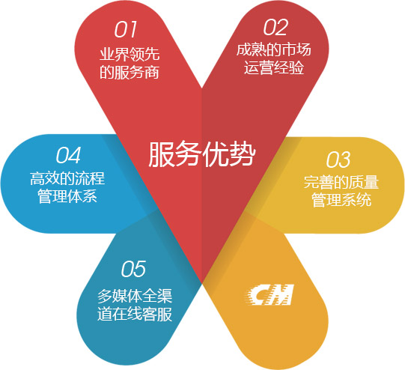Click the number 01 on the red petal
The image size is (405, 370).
[x=126, y=29]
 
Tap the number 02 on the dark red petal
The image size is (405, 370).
[x=275, y=27]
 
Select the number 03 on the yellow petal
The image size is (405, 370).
[x=338, y=160]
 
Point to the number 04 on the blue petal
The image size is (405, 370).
[x=68, y=155]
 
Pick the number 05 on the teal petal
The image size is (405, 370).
[x=133, y=269]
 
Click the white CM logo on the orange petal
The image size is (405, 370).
[x=270, y=294]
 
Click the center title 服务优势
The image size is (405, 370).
[x=202, y=154]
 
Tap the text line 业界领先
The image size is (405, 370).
[x=130, y=54]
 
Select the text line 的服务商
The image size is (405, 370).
[x=130, y=72]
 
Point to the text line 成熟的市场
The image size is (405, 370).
[x=273, y=49]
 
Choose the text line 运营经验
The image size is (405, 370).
[x=274, y=67]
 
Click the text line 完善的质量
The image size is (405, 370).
[x=341, y=182]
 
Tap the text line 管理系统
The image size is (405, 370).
[x=341, y=200]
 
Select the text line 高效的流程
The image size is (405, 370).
[x=67, y=178]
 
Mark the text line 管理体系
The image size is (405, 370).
[x=67, y=195]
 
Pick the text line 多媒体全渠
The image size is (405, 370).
[x=135, y=296]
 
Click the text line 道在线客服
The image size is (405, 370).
[x=135, y=314]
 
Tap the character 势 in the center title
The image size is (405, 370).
[x=243, y=154]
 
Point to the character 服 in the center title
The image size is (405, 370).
[x=162, y=154]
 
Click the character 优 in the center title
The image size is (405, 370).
[x=216, y=154]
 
